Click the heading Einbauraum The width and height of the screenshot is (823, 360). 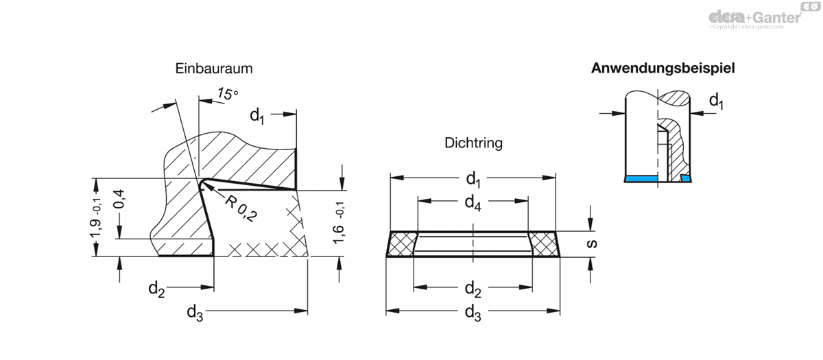[x=214, y=69]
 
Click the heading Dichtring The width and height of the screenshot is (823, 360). [x=473, y=143]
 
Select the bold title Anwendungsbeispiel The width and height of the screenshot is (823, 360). [x=663, y=69]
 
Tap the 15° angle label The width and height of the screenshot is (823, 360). [x=227, y=94]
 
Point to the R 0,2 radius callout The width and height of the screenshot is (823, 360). [x=241, y=208]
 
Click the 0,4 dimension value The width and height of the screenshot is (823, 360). [x=119, y=199]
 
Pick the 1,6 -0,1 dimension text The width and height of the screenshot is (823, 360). [x=338, y=223]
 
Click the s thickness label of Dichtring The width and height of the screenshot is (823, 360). [x=592, y=243]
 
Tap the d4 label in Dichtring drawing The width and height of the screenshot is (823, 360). [x=473, y=203]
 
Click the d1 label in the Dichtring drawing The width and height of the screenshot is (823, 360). [x=473, y=180]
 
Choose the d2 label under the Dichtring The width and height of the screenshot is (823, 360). [x=473, y=289]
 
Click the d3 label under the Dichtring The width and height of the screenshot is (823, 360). [x=473, y=313]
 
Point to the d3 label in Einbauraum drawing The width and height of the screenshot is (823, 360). [x=195, y=313]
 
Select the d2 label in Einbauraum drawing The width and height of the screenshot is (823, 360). [x=156, y=289]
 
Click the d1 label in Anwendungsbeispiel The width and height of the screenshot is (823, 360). [x=716, y=101]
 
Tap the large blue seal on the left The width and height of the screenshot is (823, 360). [x=641, y=179]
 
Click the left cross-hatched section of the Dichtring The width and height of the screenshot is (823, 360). [x=401, y=244]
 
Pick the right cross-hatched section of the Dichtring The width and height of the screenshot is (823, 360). [x=544, y=244]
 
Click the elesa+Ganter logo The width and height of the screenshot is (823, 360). [x=764, y=16]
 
